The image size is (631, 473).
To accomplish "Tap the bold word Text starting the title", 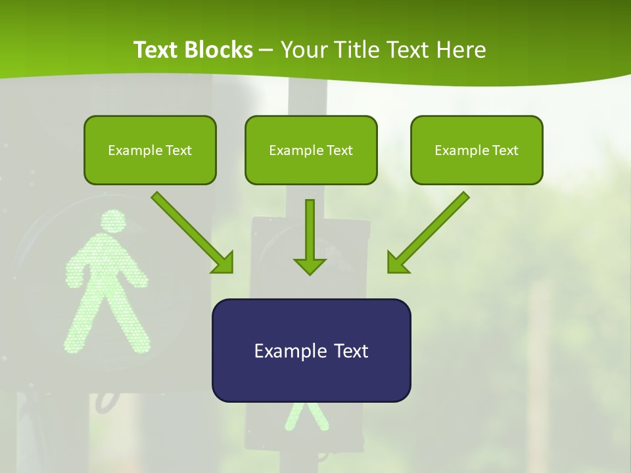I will (x=156, y=50).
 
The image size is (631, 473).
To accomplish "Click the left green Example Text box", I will (x=150, y=150).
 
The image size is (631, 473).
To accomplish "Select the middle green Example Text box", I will (x=311, y=150).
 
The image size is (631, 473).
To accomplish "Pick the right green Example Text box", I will (x=477, y=150).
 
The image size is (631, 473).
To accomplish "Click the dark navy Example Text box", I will (x=311, y=350).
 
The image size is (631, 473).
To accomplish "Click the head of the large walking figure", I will (x=113, y=222).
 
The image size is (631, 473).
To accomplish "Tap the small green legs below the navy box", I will (x=306, y=417).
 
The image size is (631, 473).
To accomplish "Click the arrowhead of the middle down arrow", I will (x=310, y=265).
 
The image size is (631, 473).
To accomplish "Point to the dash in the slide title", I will (x=266, y=50).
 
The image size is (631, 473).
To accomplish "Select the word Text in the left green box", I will (x=178, y=150).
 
